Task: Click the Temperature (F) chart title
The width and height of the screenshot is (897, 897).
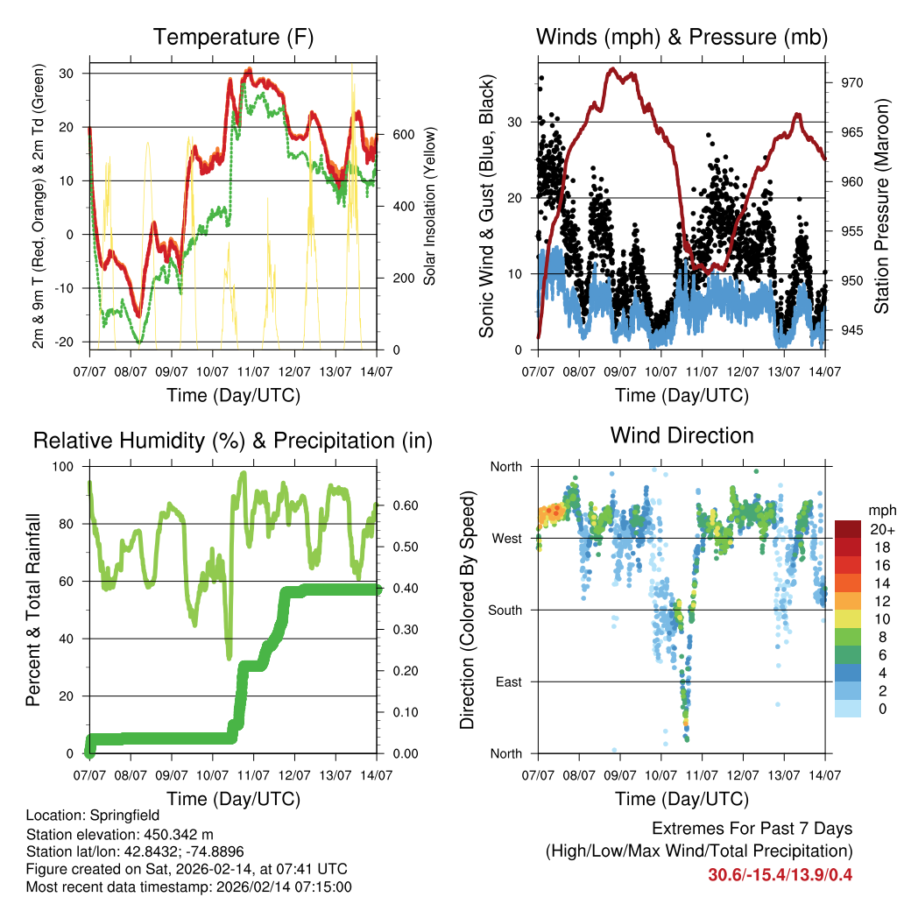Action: pos(233,38)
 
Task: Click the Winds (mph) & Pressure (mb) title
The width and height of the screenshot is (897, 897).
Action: pos(682,38)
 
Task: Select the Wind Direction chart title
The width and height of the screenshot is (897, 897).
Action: pos(682,435)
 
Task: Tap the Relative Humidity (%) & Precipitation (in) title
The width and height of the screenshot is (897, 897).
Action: pos(233,441)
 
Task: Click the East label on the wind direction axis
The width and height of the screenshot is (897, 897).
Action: pos(508,682)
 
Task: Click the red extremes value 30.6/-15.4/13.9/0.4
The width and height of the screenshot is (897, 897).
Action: pos(780,874)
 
